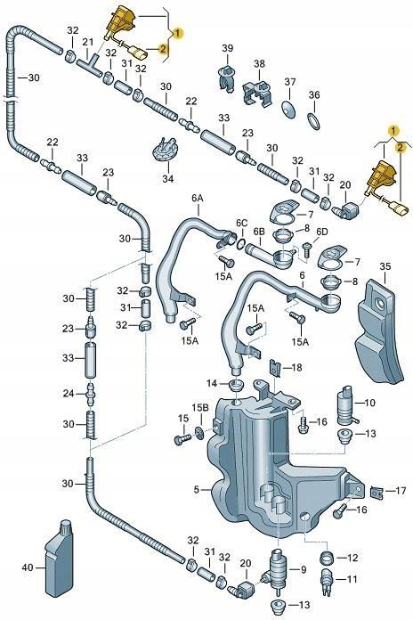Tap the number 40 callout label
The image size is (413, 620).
pos(27,567)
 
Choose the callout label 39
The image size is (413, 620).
pos(228,47)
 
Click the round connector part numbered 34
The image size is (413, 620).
pos(162,148)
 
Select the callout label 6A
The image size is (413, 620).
pos(197,197)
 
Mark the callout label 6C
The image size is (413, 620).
pos(241,222)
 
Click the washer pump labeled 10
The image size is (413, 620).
pos(343,404)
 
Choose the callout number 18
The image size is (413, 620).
pos(296,367)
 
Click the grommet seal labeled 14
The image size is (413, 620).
pos(235,384)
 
